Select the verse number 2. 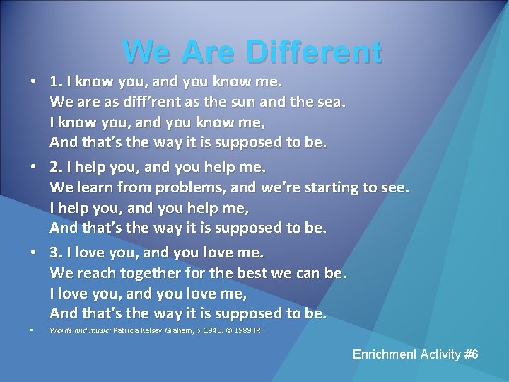pos(55,168)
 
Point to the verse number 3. pos(55,252)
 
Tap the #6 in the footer pos(470,354)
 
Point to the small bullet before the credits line pos(34,331)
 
